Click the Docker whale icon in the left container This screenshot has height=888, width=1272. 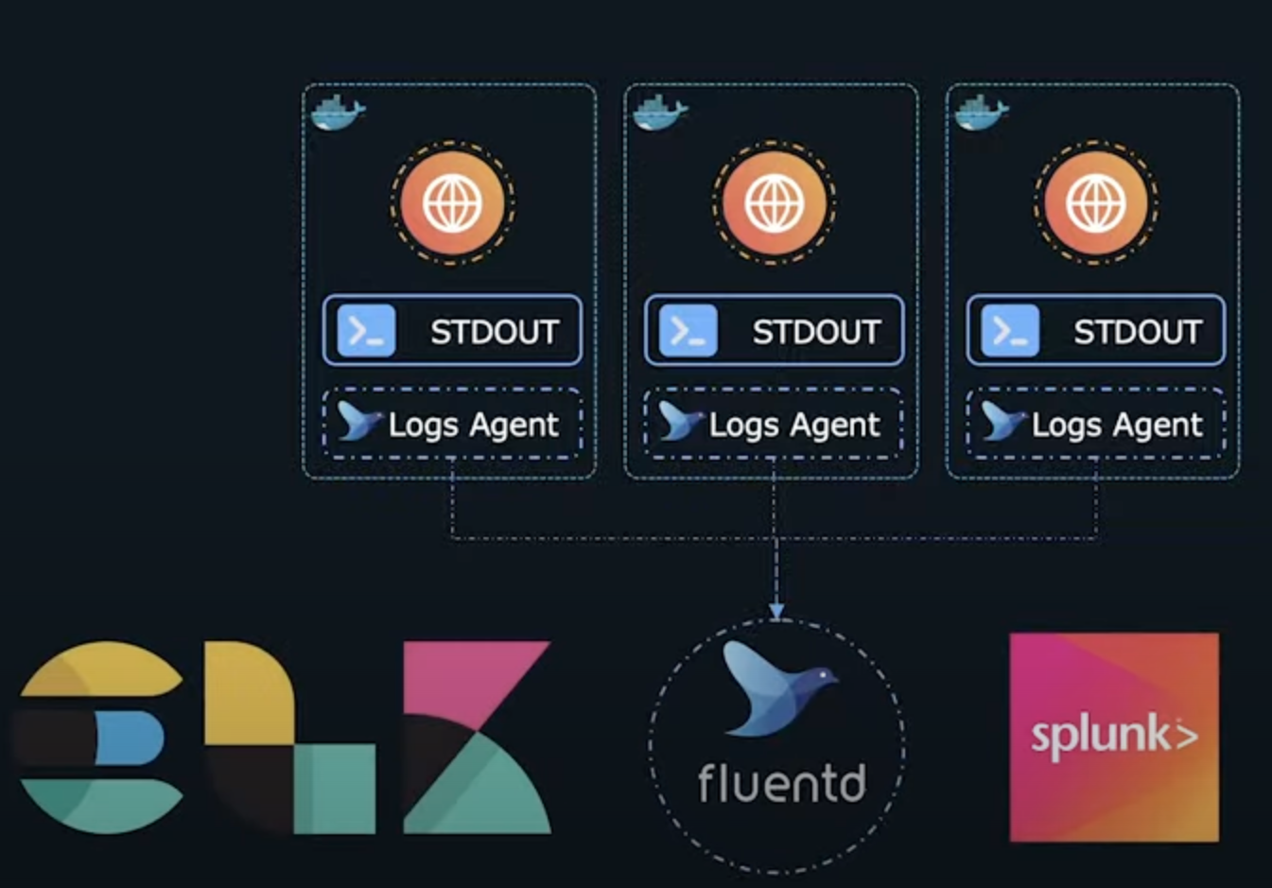pyautogui.click(x=338, y=113)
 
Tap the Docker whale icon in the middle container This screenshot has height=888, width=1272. pyautogui.click(x=660, y=113)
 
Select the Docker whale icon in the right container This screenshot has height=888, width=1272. pyautogui.click(x=982, y=113)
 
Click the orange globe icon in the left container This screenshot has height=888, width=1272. pyautogui.click(x=452, y=203)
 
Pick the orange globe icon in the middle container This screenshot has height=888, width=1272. pyautogui.click(x=774, y=203)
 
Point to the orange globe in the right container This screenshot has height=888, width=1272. pyautogui.click(x=1095, y=203)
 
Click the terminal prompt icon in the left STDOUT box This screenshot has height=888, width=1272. pyautogui.click(x=366, y=331)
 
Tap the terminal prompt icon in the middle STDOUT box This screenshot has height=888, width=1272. pyautogui.click(x=688, y=331)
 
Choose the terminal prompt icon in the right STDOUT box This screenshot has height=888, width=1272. pyautogui.click(x=1010, y=331)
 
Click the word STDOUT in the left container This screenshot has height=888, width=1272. pyautogui.click(x=495, y=332)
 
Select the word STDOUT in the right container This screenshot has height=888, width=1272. pyautogui.click(x=1138, y=332)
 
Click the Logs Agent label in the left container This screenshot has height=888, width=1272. pyautogui.click(x=473, y=425)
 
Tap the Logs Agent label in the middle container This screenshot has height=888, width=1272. pyautogui.click(x=794, y=425)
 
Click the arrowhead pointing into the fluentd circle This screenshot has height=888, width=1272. pyautogui.click(x=776, y=612)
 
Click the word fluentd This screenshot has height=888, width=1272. pyautogui.click(x=781, y=783)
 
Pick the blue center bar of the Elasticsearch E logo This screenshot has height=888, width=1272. pyautogui.click(x=128, y=738)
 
